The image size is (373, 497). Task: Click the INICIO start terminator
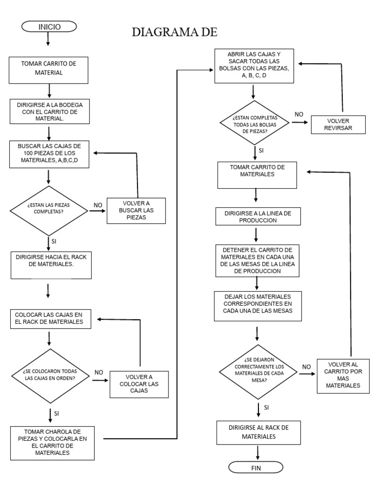49,27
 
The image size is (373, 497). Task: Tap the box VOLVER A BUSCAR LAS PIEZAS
136,211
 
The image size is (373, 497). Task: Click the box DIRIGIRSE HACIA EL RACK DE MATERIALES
51,265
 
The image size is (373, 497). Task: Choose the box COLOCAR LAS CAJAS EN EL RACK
51,317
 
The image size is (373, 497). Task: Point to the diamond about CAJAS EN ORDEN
50,375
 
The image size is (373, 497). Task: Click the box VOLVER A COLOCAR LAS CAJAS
139,384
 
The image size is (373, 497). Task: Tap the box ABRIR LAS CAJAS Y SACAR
257,67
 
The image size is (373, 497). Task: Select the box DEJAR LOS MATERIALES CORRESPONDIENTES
258,306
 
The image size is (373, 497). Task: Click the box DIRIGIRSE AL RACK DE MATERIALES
259,432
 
